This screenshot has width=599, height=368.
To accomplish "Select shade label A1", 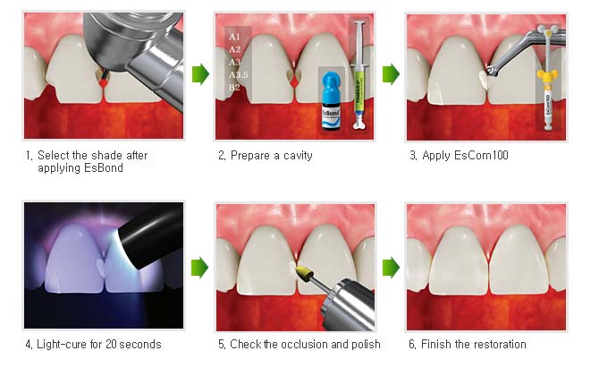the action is pos(234,37).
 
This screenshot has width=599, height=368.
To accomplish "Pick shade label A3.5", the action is pos(239,75).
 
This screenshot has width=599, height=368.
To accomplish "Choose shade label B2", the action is pos(234,88).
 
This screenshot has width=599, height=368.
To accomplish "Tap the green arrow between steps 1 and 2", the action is pos(200,73).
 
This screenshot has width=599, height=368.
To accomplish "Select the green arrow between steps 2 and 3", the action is pos(391,73).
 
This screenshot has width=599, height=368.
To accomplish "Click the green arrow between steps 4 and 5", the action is pos(199,268).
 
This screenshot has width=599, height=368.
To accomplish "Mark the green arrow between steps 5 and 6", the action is pos(391,268).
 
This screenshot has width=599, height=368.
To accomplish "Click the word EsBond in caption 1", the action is pos(104,168).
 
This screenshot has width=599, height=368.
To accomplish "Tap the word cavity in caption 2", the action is pos(298,156).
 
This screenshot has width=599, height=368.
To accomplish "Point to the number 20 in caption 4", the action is pos(111,345).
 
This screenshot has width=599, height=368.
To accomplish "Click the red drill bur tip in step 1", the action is pos(103,81).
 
